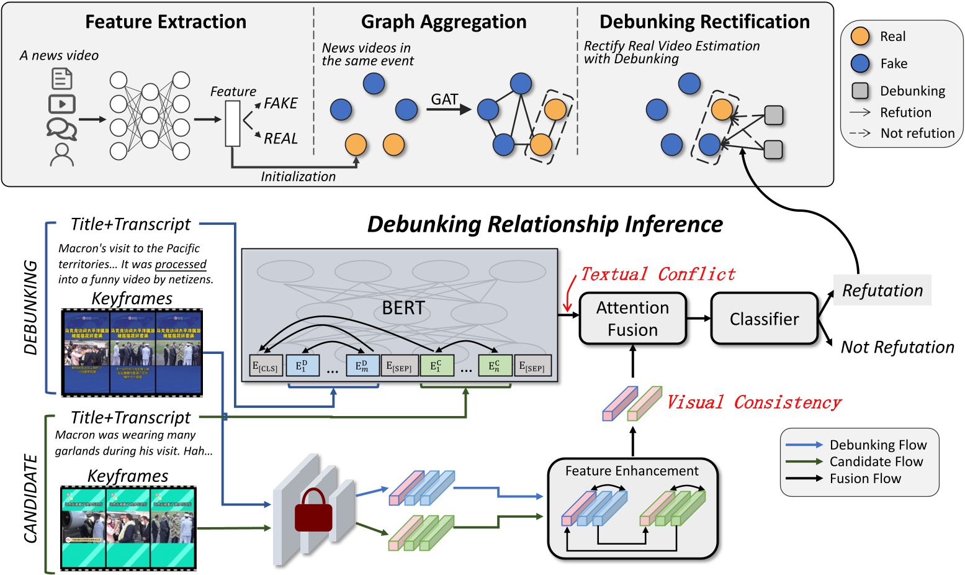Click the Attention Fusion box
tap(632, 319)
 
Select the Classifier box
tap(764, 319)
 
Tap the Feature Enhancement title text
tap(632, 471)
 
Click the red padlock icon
tap(313, 511)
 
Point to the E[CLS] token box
tap(265, 366)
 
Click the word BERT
tap(403, 307)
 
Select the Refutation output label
tap(882, 290)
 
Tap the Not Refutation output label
tap(897, 347)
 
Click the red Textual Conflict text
tap(658, 274)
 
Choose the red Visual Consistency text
tap(754, 402)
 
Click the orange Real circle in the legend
tap(860, 37)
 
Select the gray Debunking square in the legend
tap(860, 91)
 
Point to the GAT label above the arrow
tap(444, 99)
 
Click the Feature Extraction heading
tap(166, 22)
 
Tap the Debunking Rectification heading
tap(704, 22)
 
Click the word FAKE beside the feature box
tap(281, 103)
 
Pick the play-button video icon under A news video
tap(62, 104)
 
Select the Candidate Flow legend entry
tap(876, 461)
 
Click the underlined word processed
tap(181, 264)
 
